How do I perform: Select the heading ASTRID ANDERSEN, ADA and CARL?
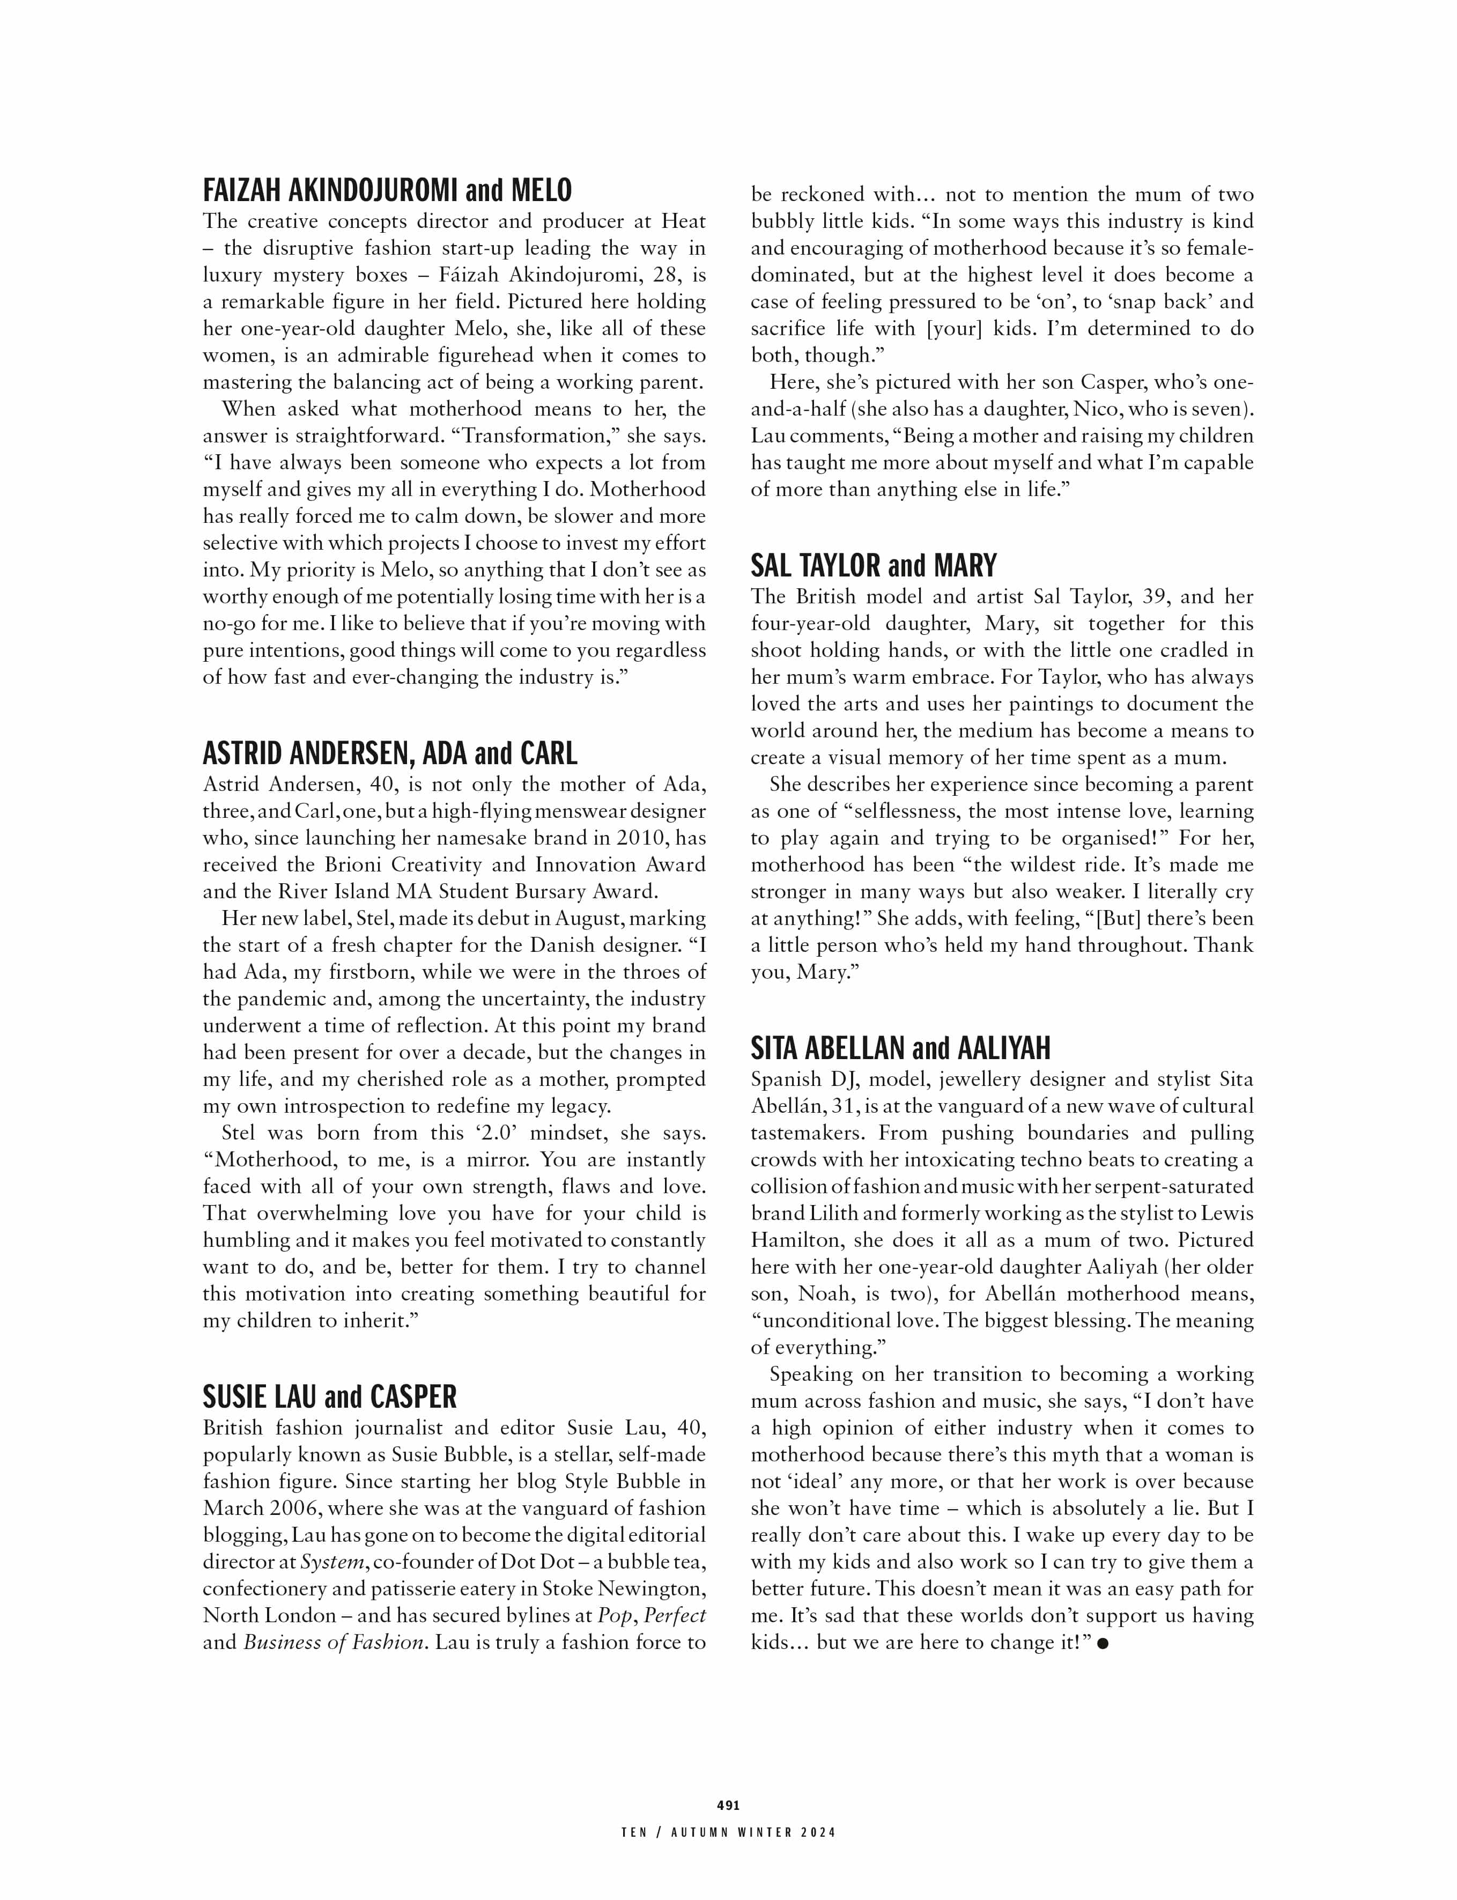(x=389, y=753)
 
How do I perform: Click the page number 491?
(x=728, y=1806)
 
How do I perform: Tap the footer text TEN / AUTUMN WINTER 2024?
(x=728, y=1832)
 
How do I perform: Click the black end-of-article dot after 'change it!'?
(x=1103, y=1643)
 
